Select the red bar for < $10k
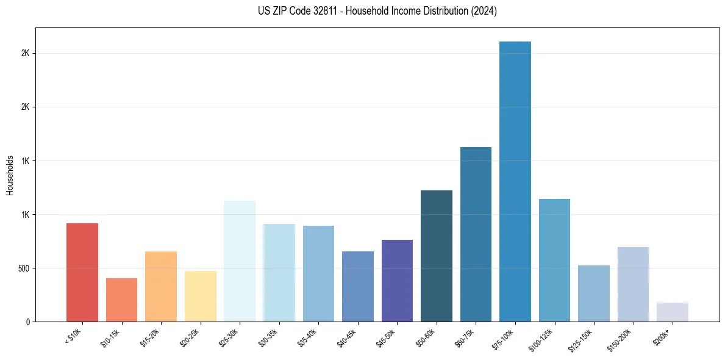pyautogui.click(x=82, y=273)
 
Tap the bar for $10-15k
pyautogui.click(x=121, y=300)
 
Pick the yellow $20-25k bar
pyautogui.click(x=201, y=297)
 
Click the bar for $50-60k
pyautogui.click(x=437, y=256)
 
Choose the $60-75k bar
pyautogui.click(x=476, y=234)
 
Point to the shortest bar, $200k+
pyautogui.click(x=673, y=312)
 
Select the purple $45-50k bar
pyautogui.click(x=397, y=281)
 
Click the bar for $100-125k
pyautogui.click(x=554, y=261)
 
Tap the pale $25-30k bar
pyautogui.click(x=240, y=261)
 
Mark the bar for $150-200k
pyautogui.click(x=633, y=284)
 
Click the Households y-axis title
pyautogui.click(x=10, y=175)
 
